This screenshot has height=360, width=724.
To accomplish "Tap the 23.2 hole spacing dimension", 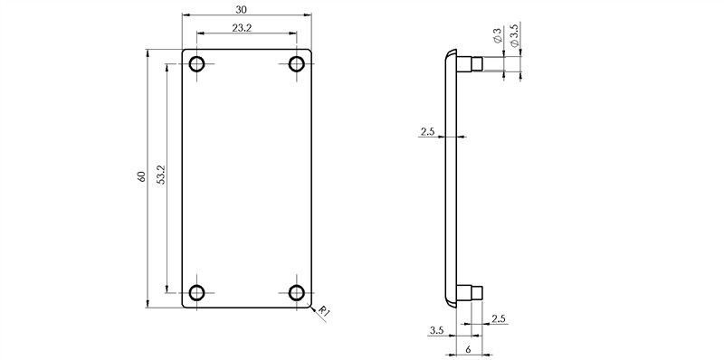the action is [242, 28].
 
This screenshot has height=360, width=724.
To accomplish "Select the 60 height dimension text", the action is [141, 176].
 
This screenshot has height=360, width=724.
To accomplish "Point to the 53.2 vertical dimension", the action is [161, 175].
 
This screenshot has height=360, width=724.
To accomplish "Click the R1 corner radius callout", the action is [324, 312].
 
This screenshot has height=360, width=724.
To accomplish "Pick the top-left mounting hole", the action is [197, 63].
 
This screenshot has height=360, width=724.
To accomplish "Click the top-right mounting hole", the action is [297, 63].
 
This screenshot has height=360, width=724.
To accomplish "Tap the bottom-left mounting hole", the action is [197, 293].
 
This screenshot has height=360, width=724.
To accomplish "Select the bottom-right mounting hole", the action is [297, 293].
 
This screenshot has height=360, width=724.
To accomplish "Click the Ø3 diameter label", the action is [497, 36].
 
